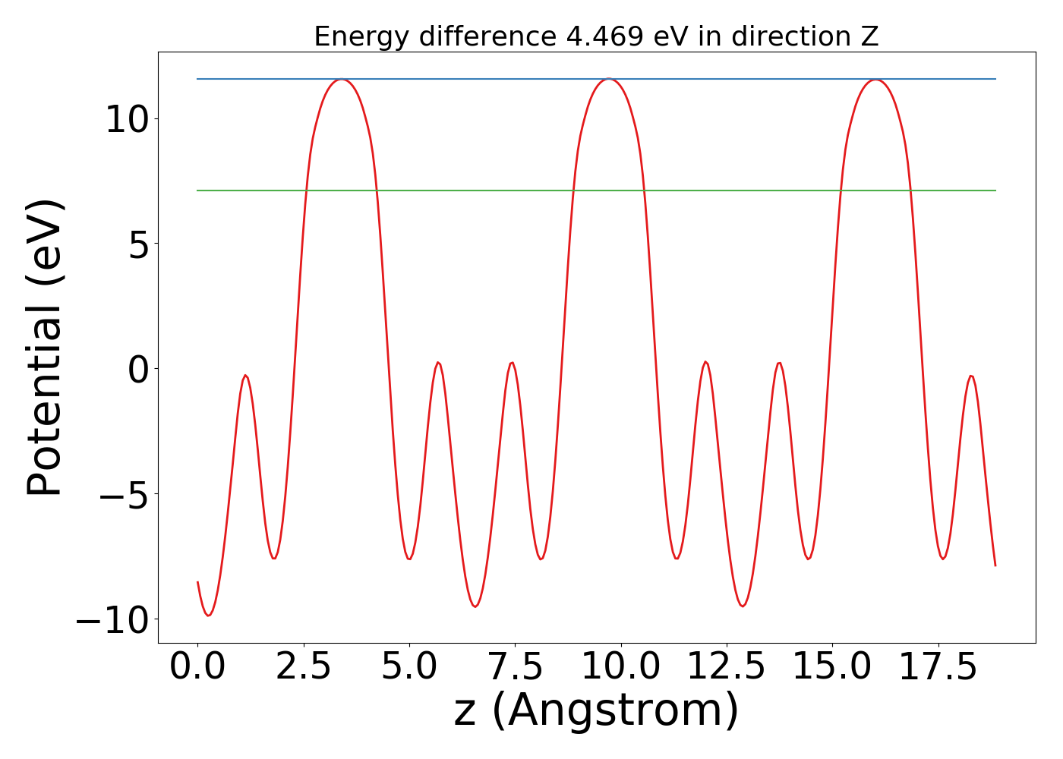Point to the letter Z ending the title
click(869, 36)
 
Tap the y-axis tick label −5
click(128, 495)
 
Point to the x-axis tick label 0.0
click(197, 668)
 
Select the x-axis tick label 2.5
click(304, 668)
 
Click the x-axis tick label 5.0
click(409, 668)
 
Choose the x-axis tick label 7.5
click(515, 668)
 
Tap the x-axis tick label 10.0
click(621, 668)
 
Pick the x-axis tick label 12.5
click(727, 668)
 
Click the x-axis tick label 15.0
click(832, 668)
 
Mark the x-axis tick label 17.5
click(938, 668)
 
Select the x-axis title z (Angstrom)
click(597, 711)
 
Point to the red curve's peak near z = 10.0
click(608, 79)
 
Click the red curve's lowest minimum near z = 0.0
click(208, 615)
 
